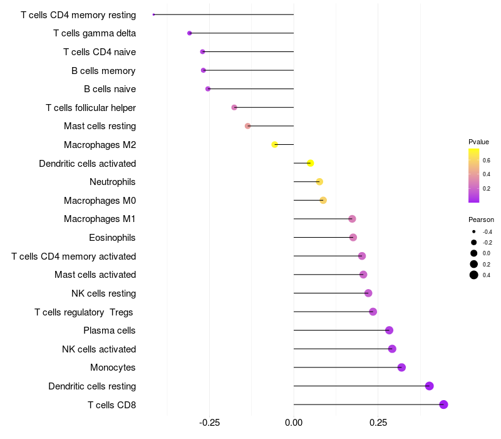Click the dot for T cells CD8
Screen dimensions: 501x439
coord(443,405)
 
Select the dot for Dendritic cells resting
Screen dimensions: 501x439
coord(430,386)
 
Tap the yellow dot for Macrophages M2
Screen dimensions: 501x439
coord(274,145)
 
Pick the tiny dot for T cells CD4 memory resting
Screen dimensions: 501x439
coord(153,14)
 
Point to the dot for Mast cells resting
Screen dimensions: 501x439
coord(247,126)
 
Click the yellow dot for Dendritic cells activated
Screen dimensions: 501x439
coord(310,163)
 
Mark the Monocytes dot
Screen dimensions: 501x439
coord(401,368)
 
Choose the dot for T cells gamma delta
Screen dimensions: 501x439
coord(190,33)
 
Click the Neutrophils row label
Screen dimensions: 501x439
coord(113,182)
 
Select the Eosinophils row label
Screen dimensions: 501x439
coord(112,238)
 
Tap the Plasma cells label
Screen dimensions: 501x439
coord(109,331)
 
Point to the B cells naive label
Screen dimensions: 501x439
coord(110,89)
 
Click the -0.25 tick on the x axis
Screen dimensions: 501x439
coord(209,423)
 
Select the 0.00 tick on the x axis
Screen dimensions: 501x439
coord(294,423)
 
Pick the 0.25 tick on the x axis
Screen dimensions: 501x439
coord(378,423)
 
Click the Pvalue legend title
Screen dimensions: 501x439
coord(478,142)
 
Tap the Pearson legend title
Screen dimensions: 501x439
coord(481,219)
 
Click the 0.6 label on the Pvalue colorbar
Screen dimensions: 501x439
coord(487,161)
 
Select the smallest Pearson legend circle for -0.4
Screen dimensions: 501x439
coord(474,231)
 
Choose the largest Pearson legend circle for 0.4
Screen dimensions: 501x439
coord(474,275)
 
